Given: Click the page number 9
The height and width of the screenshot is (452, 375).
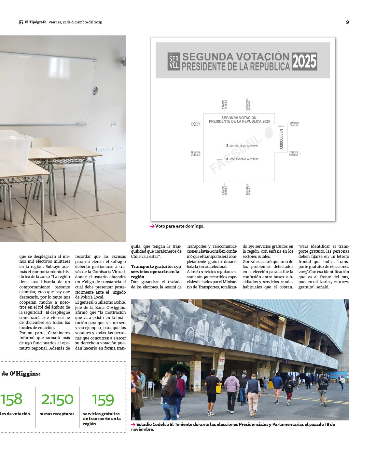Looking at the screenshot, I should [347, 22].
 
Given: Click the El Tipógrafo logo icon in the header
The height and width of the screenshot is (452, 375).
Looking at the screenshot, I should [21, 22].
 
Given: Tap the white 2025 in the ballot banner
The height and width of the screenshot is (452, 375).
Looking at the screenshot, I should [304, 61].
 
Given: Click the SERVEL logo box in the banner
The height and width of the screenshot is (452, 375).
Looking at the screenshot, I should [174, 61].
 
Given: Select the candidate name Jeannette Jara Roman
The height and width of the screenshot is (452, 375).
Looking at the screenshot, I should [243, 146].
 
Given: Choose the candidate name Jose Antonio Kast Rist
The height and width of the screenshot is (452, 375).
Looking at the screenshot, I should [243, 159].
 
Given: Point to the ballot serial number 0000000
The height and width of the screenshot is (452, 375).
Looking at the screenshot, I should [281, 139].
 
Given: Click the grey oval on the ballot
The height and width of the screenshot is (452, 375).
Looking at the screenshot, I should [269, 133].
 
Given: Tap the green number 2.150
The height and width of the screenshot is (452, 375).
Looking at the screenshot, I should [57, 400].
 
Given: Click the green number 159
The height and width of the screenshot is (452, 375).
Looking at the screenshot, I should [103, 400].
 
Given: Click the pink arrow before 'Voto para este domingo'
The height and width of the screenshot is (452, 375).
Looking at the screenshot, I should [152, 226].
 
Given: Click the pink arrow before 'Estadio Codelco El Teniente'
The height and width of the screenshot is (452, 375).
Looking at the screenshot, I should [133, 425].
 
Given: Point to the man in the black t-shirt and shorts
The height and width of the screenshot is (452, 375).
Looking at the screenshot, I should [212, 390].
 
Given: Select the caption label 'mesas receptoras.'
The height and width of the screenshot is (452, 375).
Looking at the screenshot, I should [57, 414].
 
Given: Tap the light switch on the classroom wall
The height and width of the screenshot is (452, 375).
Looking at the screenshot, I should [114, 124].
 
